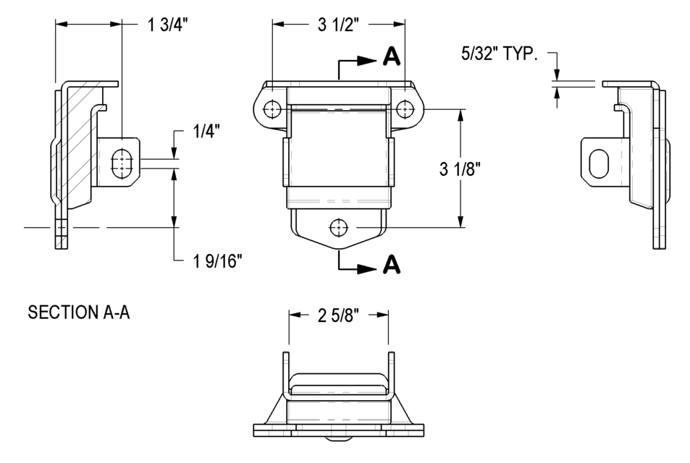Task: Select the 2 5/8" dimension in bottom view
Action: point(339,315)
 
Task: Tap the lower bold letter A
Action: point(391,266)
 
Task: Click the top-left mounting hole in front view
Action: point(272,109)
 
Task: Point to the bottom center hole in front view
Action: point(338,228)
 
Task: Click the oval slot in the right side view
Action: point(599,163)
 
